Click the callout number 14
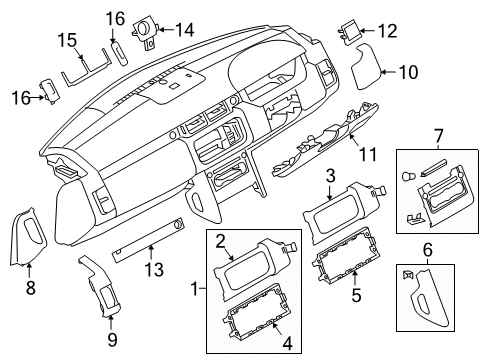185,30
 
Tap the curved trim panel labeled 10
366,66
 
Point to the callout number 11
368,154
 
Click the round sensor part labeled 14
145,33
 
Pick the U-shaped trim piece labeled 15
86,70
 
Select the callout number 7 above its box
439,136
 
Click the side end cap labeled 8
26,237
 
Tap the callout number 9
112,340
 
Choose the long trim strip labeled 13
148,240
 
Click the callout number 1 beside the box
195,289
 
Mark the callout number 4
287,343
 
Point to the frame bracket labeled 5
347,255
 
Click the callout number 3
330,176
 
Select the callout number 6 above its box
427,249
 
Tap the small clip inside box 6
408,274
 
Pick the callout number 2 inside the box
220,241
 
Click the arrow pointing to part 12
367,31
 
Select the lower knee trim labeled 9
101,285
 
